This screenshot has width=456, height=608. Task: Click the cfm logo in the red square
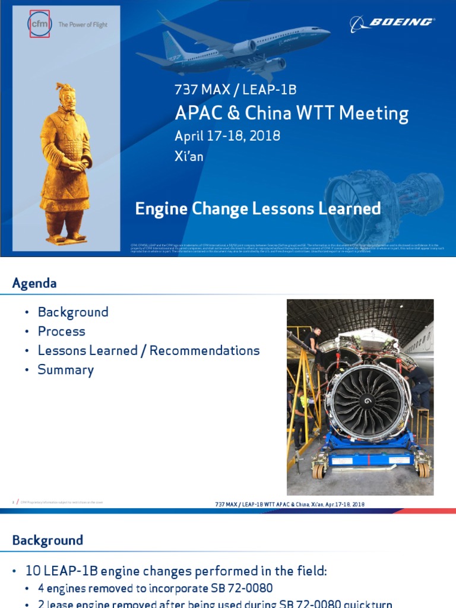[39, 24]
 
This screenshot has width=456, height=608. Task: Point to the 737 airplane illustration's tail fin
[172, 45]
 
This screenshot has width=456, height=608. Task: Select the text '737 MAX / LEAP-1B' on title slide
[235, 90]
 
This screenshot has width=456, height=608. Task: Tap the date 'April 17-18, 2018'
[227, 135]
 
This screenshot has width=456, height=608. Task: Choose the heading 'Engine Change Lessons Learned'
[258, 208]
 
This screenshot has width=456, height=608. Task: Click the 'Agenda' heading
[34, 283]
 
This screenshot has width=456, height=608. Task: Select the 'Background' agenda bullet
[73, 312]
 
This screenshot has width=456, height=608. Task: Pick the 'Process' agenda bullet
[62, 331]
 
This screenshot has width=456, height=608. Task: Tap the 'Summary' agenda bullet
[66, 370]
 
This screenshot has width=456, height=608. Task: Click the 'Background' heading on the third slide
[47, 540]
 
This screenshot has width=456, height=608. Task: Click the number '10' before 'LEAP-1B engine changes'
[33, 571]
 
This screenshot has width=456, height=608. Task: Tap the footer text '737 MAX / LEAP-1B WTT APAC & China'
[264, 504]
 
